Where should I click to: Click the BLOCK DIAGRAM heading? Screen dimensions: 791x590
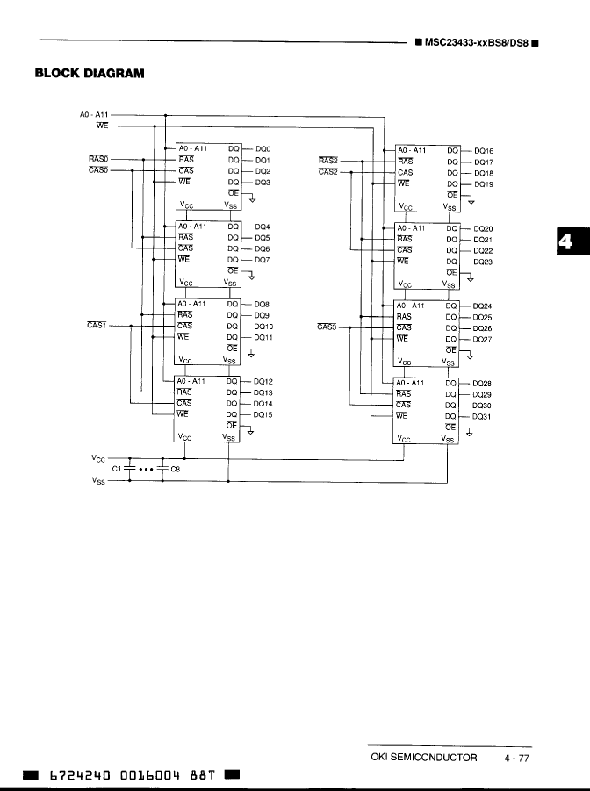pos(89,73)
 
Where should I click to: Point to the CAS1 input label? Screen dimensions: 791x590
pos(97,326)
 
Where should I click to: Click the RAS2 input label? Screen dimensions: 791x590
pos(328,161)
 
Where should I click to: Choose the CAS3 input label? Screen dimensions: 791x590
pos(327,327)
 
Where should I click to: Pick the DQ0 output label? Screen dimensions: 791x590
pos(263,150)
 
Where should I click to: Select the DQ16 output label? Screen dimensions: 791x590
pos(483,151)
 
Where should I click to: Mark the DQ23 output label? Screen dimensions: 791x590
pos(483,262)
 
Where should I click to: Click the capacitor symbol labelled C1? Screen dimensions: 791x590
pos(130,470)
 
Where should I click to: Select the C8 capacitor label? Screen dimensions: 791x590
pos(175,470)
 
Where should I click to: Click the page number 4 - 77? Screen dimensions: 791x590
pos(516,758)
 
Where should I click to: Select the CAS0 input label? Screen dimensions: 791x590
pos(97,170)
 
